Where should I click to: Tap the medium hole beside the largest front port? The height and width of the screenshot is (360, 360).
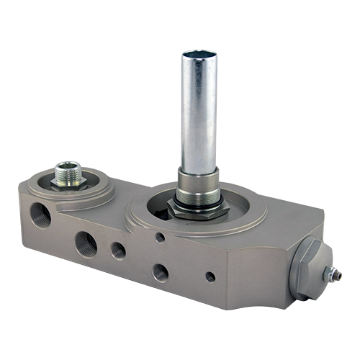click(x=118, y=251)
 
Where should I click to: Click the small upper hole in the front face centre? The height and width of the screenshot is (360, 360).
click(x=160, y=238)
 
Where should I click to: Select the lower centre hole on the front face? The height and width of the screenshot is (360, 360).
click(x=161, y=272)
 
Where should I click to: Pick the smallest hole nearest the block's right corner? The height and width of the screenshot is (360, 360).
click(x=210, y=276)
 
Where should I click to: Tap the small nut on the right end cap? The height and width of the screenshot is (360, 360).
click(x=332, y=274)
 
